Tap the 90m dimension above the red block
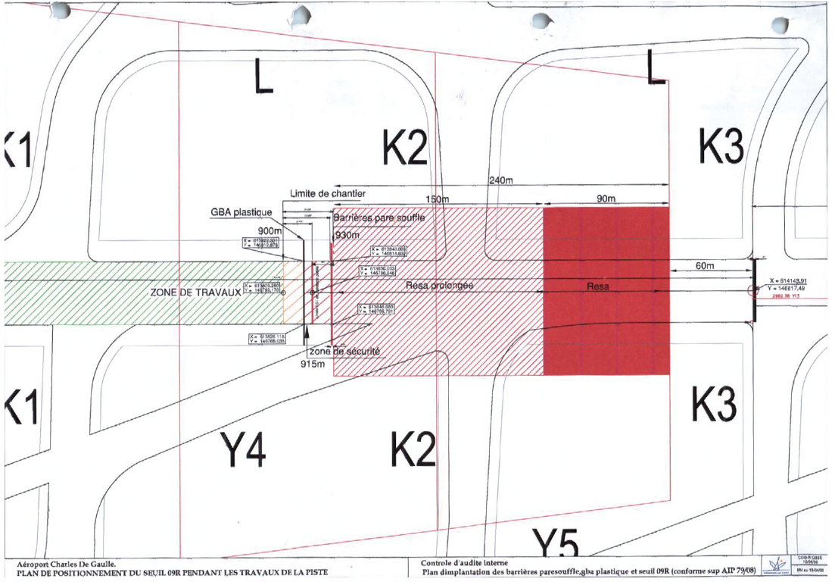click(606, 198)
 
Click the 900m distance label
click(270, 230)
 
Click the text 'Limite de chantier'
click(329, 194)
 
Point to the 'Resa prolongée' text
click(440, 286)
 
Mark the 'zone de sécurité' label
click(344, 351)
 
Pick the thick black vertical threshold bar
click(754, 290)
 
